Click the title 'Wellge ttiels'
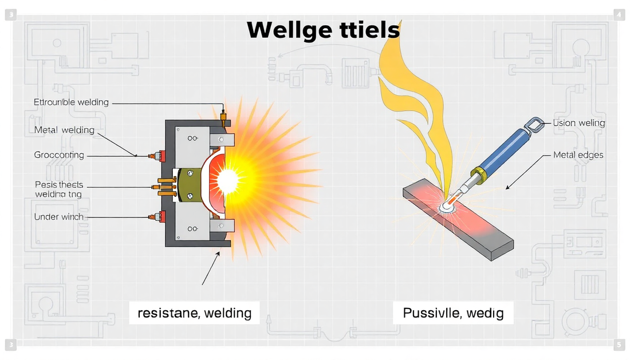(x=322, y=30)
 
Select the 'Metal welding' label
(x=64, y=130)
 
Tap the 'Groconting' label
(x=59, y=155)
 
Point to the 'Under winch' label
(x=58, y=217)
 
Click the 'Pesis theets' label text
(x=59, y=185)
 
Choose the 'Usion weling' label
(x=578, y=123)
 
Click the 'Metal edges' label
(x=578, y=155)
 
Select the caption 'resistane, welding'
(x=195, y=313)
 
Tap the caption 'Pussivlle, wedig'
(x=453, y=313)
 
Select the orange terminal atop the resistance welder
(x=222, y=118)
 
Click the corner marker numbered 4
(x=619, y=15)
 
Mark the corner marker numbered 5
(x=619, y=345)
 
